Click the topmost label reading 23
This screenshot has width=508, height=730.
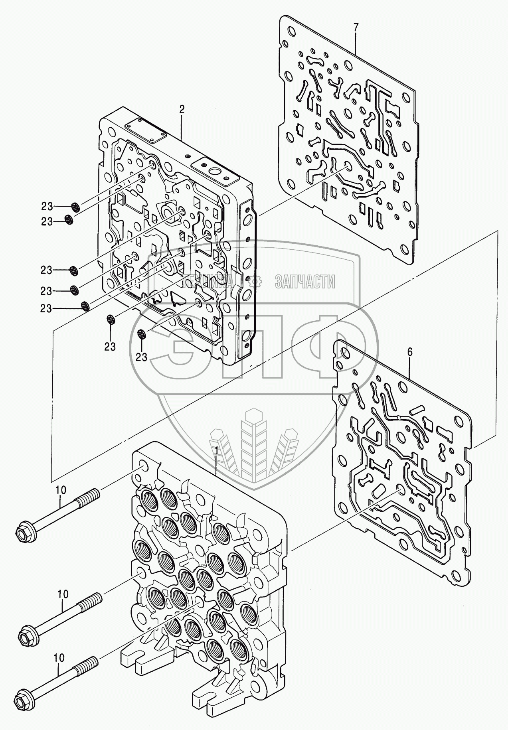47,206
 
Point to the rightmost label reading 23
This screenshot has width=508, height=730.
142,357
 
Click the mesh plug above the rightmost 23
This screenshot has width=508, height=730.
142,334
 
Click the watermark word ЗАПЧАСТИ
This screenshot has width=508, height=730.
305,282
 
